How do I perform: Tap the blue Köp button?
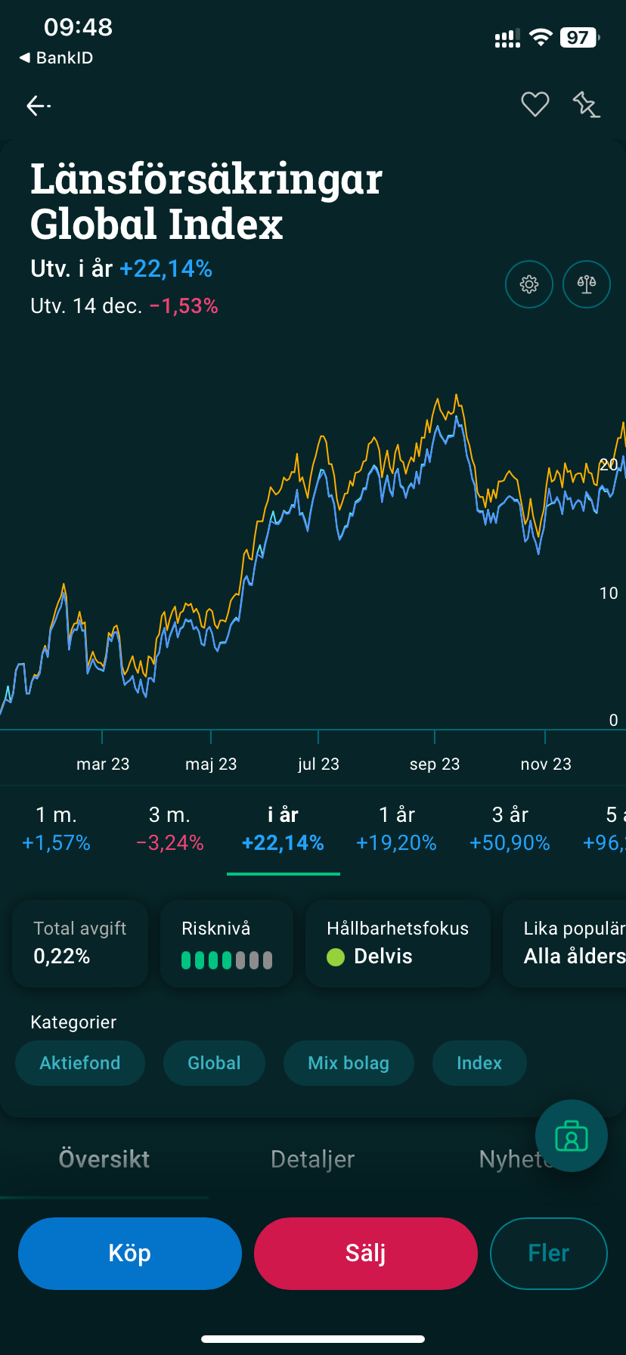tap(130, 1253)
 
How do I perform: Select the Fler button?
tap(548, 1253)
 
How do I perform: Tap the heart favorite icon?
tap(535, 104)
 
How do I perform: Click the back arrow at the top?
tap(38, 106)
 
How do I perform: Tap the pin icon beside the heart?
tap(586, 104)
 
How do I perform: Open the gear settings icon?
tap(529, 284)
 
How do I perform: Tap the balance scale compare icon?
tap(587, 284)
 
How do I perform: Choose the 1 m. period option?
tap(56, 829)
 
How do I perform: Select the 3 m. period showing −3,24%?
tap(170, 829)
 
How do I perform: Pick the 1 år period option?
tap(396, 829)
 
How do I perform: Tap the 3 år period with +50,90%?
tap(510, 829)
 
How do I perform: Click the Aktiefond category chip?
tap(80, 1063)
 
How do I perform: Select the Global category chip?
tap(214, 1063)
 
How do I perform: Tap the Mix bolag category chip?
tap(349, 1063)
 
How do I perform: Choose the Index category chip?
tap(479, 1063)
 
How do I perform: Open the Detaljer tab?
tap(312, 1159)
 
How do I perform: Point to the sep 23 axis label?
tap(435, 764)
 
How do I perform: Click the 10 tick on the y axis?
tap(609, 594)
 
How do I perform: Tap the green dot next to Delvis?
tap(336, 957)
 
